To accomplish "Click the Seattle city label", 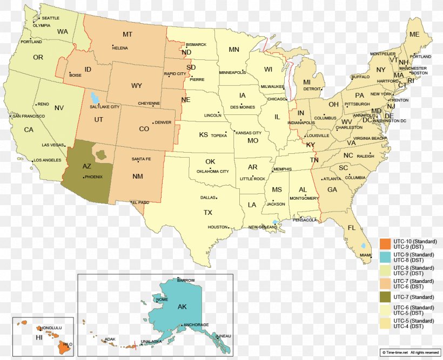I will [x=50, y=18].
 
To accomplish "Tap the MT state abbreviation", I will [x=127, y=35].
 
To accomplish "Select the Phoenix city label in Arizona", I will [x=93, y=177].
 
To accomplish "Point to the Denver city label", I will [x=163, y=123].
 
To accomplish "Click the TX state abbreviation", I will [x=208, y=213].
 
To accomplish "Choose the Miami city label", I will [x=366, y=255].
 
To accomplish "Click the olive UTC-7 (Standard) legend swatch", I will [x=385, y=297].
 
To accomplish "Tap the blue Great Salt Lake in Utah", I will [x=95, y=98].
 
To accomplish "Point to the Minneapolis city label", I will [x=232, y=72].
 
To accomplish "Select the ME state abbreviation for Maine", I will [x=414, y=35].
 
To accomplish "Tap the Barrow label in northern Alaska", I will [x=186, y=280].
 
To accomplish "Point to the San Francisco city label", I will [x=29, y=116].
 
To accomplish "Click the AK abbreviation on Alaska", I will [x=182, y=307].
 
